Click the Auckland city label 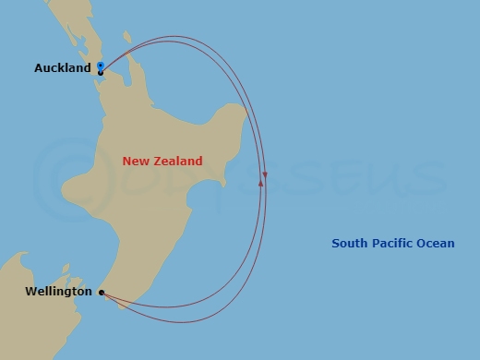[x=62, y=68]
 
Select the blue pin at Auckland [x=100, y=66]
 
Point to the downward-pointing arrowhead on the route [x=265, y=174]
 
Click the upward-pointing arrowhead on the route [x=261, y=183]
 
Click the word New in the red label [x=135, y=162]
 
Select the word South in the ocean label [x=350, y=244]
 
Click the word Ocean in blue [x=437, y=244]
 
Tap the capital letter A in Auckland [x=39, y=68]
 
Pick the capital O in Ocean [x=424, y=244]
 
